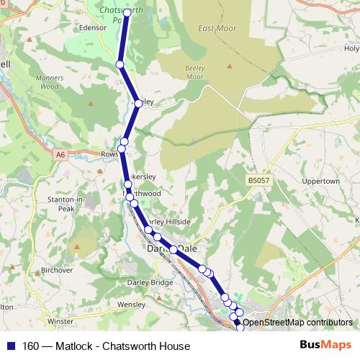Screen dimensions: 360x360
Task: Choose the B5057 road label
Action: pyautogui.click(x=258, y=180)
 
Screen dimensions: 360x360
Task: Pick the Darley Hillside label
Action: pyautogui.click(x=170, y=222)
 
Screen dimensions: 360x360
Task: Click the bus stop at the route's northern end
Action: pyautogui.click(x=127, y=12)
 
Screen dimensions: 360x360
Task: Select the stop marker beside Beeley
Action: pyautogui.click(x=138, y=104)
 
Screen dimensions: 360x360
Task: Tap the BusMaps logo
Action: pyautogui.click(x=325, y=346)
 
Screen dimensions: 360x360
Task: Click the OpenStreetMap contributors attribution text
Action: pyautogui.click(x=297, y=323)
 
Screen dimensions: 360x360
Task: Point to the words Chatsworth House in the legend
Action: pyautogui.click(x=146, y=346)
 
